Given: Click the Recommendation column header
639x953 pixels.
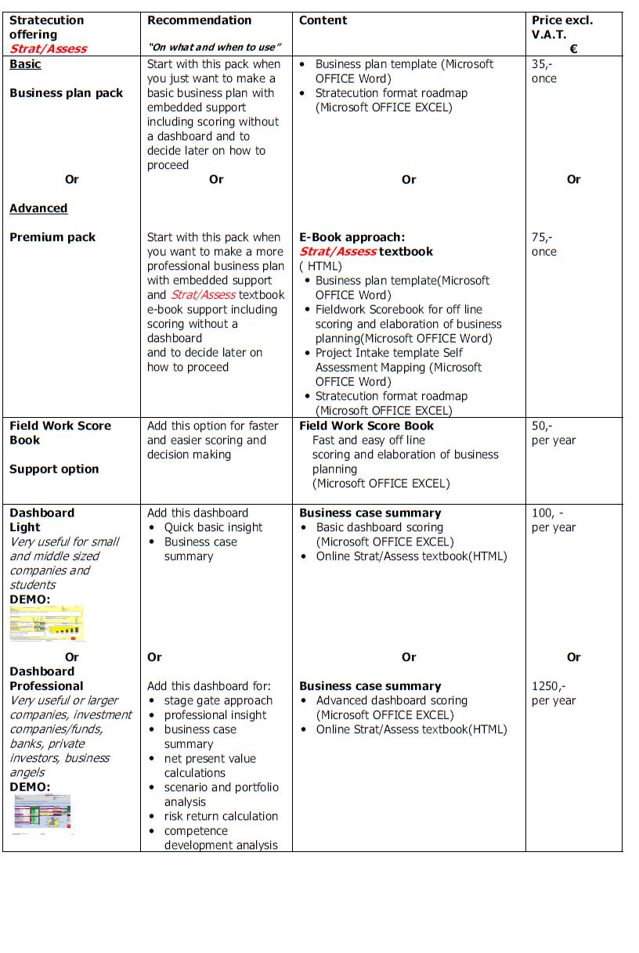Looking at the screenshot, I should (199, 20).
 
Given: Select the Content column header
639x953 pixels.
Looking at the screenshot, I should (323, 20).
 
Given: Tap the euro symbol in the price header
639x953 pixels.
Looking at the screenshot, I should (573, 49).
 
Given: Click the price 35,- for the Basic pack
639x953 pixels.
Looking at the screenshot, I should (541, 64).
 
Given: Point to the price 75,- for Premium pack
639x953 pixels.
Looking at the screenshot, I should (541, 237).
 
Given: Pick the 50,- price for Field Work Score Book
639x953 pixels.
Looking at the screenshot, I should (541, 426).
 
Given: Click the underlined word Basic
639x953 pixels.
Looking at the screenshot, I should (25, 64).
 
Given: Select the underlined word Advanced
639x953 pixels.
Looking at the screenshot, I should (38, 208).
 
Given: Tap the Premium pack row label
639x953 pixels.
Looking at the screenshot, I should (52, 237).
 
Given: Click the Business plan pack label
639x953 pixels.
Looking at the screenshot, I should (66, 93).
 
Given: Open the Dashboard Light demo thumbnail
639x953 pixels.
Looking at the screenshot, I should (47, 624).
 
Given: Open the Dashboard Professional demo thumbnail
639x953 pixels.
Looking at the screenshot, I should (43, 811).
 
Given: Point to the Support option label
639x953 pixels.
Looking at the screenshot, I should (54, 469).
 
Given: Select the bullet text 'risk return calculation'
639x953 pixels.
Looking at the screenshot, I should (221, 816).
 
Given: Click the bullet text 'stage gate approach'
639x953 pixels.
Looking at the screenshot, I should (218, 700).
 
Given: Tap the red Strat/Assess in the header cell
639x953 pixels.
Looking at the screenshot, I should (48, 49).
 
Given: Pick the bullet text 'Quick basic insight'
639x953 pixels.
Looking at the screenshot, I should (213, 527).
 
